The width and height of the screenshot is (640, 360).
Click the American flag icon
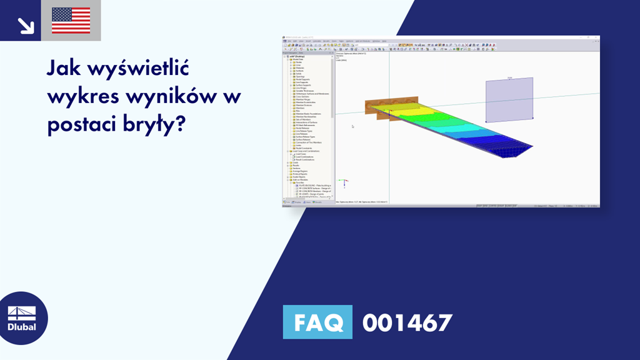[71, 21]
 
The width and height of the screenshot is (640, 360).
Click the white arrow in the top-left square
[26, 24]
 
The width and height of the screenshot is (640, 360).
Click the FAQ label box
[317, 322]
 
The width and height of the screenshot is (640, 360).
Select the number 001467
[407, 322]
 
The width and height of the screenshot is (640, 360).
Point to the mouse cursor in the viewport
[352, 126]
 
